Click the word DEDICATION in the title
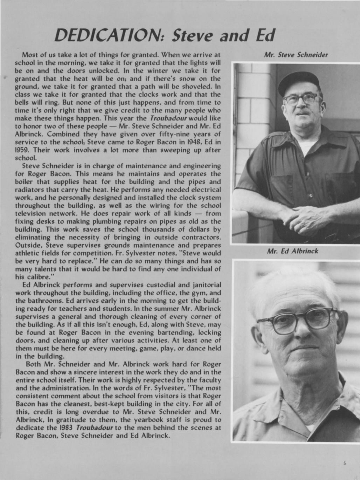pos(111,35)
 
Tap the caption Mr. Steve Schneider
pos(296,55)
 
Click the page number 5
pos(345,464)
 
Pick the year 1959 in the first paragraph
pos(23,150)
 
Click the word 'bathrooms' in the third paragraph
pos(42,301)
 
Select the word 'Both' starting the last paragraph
pos(33,364)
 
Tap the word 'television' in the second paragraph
pos(31,213)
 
